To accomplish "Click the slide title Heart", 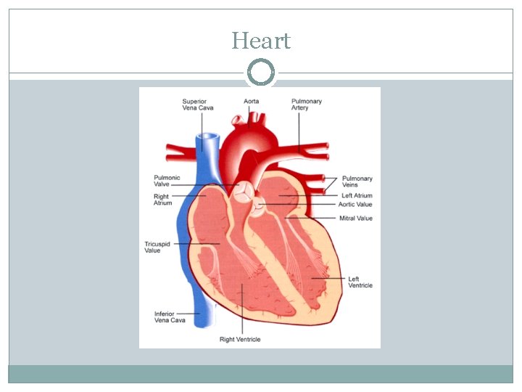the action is pos(261,41).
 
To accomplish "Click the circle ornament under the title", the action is pos(261,73).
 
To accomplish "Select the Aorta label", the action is pos(251,101).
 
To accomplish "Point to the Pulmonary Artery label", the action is pos(307,105).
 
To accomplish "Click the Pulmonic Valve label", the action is pos(167,181).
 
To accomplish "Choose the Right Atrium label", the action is pos(162,200).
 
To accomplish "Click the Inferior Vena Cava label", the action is pos(168,317).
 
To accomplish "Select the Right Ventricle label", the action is pos(240,339).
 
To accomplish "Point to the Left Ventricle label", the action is pos(360,282).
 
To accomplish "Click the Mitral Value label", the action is pos(356,218).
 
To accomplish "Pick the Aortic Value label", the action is pos(355,205).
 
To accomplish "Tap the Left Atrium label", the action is pos(357,195).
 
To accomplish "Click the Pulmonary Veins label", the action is pos(357,181).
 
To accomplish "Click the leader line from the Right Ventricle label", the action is pos(242,312).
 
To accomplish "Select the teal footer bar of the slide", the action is pos(261,374).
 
